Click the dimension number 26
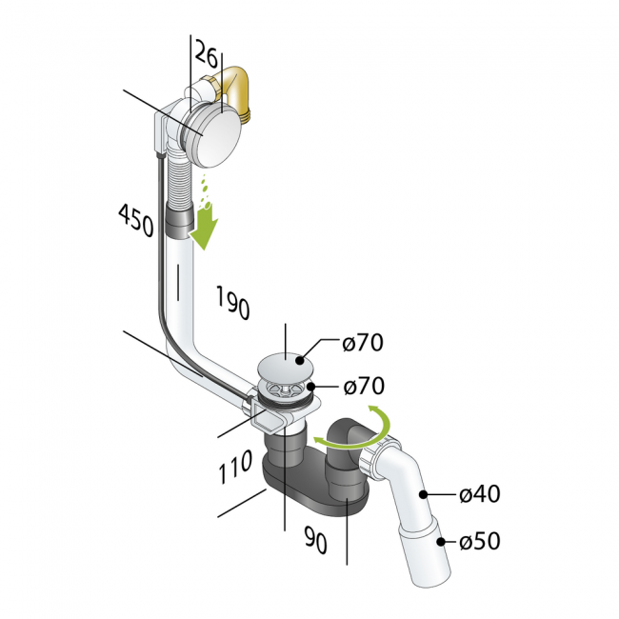[207, 52]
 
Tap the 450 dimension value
[136, 220]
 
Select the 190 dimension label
[233, 303]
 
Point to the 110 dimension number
[235, 467]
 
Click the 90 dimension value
[316, 539]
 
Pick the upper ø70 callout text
[363, 342]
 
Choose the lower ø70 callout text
[364, 386]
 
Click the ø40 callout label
[480, 494]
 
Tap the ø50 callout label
[480, 541]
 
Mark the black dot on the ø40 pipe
[423, 494]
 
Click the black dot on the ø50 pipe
[441, 541]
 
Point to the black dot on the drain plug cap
[300, 360]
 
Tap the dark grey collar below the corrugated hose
[178, 222]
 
